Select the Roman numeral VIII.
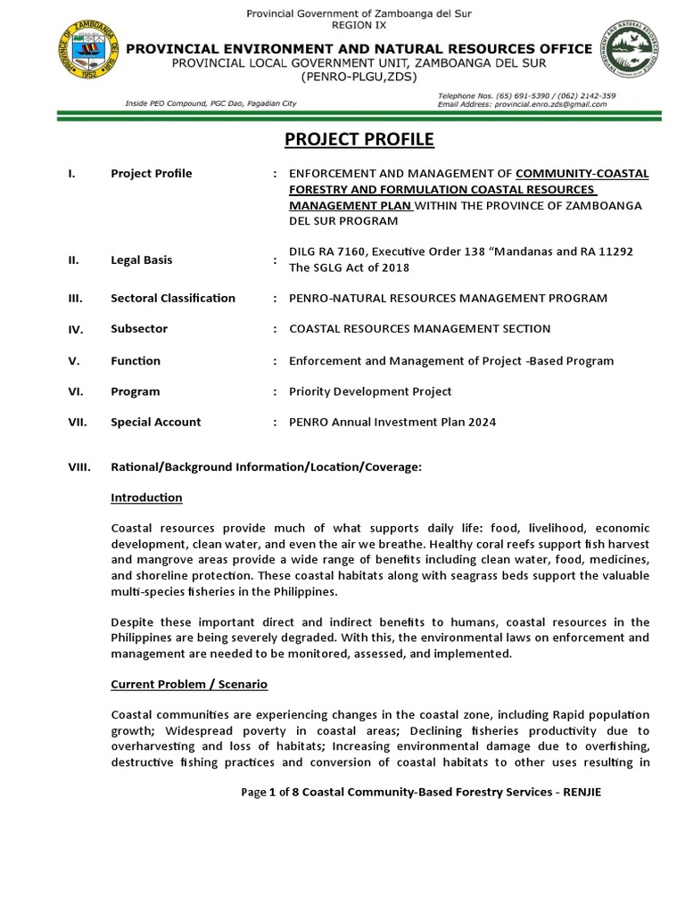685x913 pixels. tap(78, 466)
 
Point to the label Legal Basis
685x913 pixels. tap(141, 260)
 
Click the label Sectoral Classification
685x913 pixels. tap(173, 298)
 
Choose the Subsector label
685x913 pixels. tap(138, 329)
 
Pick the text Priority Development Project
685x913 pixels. tap(370, 391)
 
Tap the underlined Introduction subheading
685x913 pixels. tap(146, 498)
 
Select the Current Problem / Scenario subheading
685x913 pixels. tap(189, 685)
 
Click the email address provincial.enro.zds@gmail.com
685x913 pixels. tap(547, 104)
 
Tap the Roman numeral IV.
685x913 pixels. tap(76, 329)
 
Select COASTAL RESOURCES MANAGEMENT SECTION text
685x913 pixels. tap(419, 329)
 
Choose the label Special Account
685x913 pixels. tap(156, 422)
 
